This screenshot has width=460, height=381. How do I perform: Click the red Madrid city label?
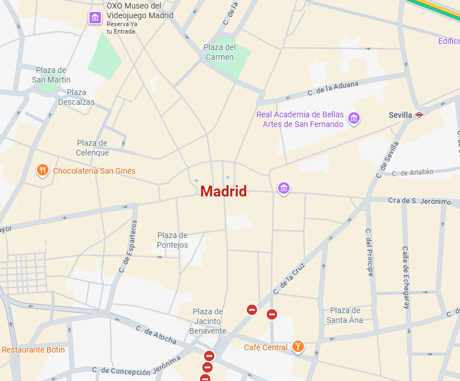click(x=223, y=191)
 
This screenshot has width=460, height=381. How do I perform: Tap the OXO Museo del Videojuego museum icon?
click(x=95, y=18)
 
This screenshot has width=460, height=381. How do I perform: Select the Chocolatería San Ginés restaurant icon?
click(x=42, y=170)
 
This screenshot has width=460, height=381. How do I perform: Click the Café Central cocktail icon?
click(x=298, y=346)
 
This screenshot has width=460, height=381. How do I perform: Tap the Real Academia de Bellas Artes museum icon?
click(x=354, y=118)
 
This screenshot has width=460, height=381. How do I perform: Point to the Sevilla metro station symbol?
click(x=419, y=114)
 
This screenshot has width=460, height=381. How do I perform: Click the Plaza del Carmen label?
click(x=220, y=52)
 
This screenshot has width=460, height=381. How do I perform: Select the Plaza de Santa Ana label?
click(x=345, y=315)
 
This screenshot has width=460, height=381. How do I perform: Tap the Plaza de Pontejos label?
click(x=172, y=240)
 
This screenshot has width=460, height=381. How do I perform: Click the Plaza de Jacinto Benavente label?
click(x=207, y=321)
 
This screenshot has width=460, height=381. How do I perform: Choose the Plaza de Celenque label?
click(x=92, y=148)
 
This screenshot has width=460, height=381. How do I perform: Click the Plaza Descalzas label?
click(x=76, y=97)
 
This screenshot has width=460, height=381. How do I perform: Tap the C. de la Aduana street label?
click(x=333, y=88)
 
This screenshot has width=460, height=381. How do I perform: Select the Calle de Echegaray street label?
click(x=406, y=277)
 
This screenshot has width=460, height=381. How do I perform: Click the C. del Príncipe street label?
click(x=369, y=252)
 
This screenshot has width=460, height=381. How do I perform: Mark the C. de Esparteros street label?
click(x=128, y=245)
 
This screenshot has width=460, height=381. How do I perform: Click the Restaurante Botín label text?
click(x=33, y=350)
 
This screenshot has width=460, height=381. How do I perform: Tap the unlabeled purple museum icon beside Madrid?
click(x=284, y=188)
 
